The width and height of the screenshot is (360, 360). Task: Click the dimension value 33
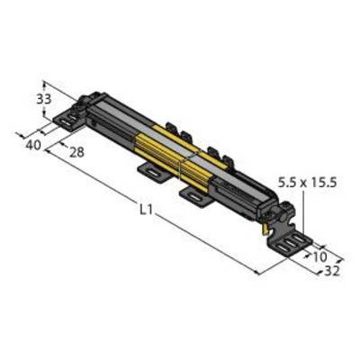[x=44, y=99]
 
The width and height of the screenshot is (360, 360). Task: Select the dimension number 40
[x=33, y=146]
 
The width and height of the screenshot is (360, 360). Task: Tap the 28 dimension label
[x=76, y=152]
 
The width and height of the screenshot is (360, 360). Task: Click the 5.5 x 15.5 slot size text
[x=308, y=182]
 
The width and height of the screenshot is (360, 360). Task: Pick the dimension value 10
[x=319, y=256]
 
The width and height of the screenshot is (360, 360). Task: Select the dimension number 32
[x=332, y=271]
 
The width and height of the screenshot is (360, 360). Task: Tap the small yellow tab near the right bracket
[x=265, y=229]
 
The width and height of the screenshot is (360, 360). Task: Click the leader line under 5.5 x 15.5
[x=303, y=213]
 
